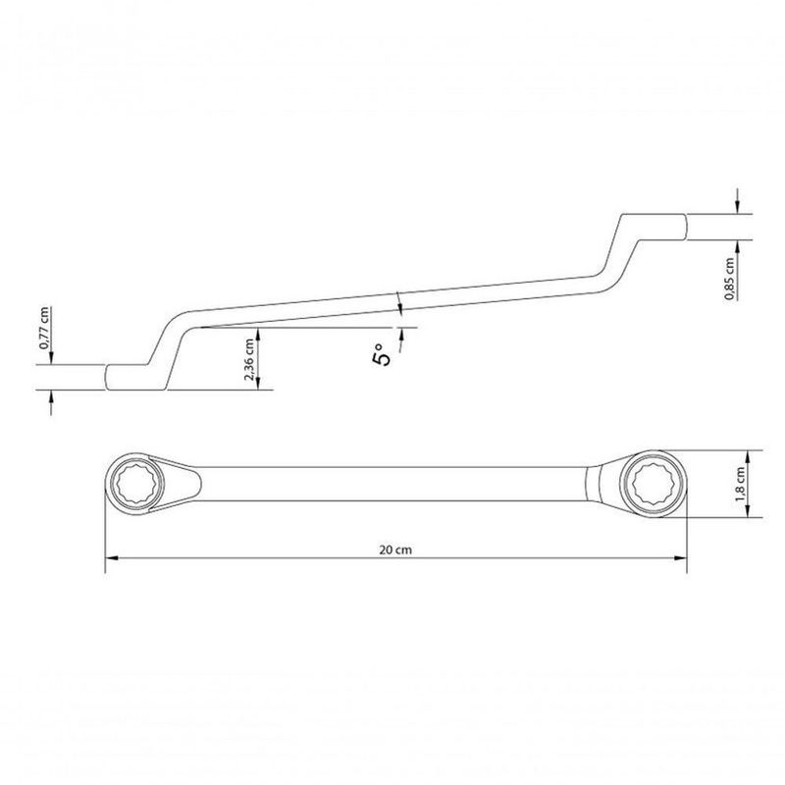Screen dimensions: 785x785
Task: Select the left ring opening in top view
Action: (x=134, y=483)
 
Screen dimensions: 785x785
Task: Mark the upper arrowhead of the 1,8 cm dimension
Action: (x=752, y=454)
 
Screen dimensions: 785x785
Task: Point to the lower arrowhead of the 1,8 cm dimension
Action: (x=752, y=511)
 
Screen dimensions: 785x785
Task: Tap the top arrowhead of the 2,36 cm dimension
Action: (x=260, y=332)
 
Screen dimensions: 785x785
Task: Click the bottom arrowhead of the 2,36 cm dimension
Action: (x=260, y=385)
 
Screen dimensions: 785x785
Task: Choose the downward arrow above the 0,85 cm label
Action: (x=736, y=207)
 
